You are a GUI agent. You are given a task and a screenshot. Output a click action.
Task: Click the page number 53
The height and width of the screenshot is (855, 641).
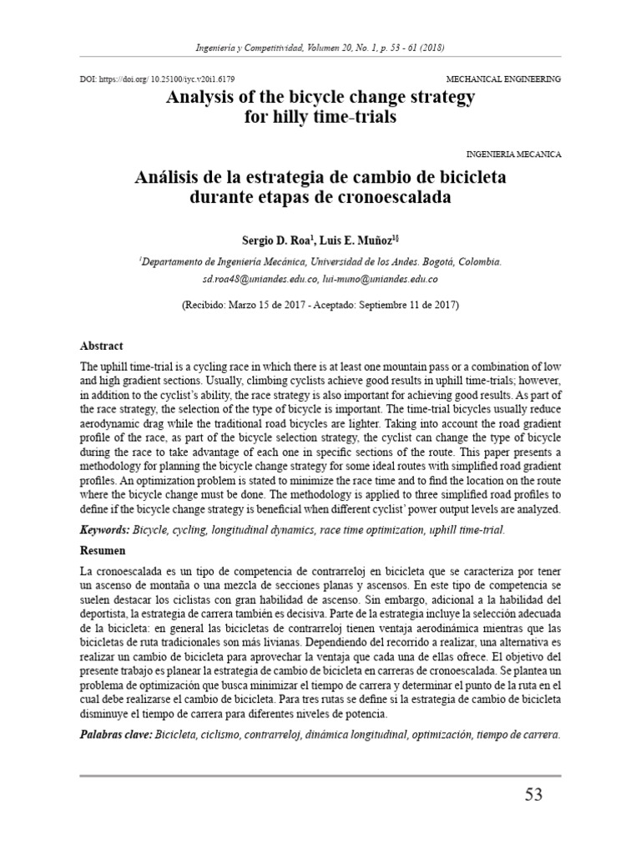(532, 793)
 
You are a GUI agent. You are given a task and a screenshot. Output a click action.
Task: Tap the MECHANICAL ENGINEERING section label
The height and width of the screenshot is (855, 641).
(504, 78)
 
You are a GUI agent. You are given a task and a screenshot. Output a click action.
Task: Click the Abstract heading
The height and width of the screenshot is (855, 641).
(101, 345)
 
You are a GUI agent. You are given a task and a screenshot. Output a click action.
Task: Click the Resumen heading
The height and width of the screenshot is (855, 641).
(103, 551)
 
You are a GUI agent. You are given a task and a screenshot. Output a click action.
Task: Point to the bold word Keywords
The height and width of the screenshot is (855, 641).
(107, 530)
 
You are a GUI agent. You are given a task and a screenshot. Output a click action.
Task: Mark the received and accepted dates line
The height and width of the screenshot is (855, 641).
(320, 305)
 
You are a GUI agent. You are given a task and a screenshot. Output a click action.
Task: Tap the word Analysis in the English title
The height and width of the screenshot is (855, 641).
(202, 97)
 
